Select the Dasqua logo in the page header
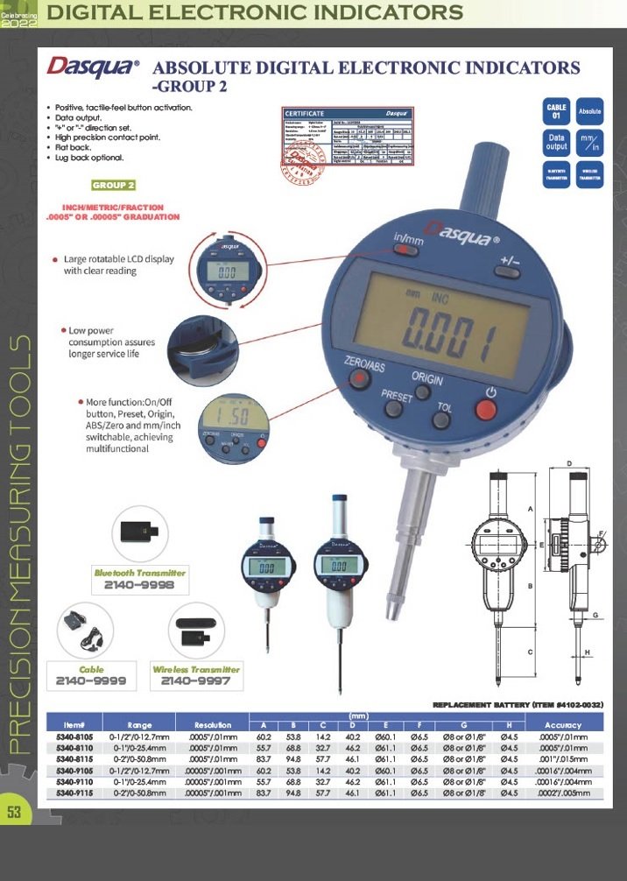click(x=92, y=67)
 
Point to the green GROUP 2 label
click(x=114, y=186)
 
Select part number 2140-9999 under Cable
click(x=91, y=680)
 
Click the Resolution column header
click(x=213, y=725)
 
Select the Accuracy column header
click(x=562, y=725)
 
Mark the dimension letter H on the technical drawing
click(x=588, y=652)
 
